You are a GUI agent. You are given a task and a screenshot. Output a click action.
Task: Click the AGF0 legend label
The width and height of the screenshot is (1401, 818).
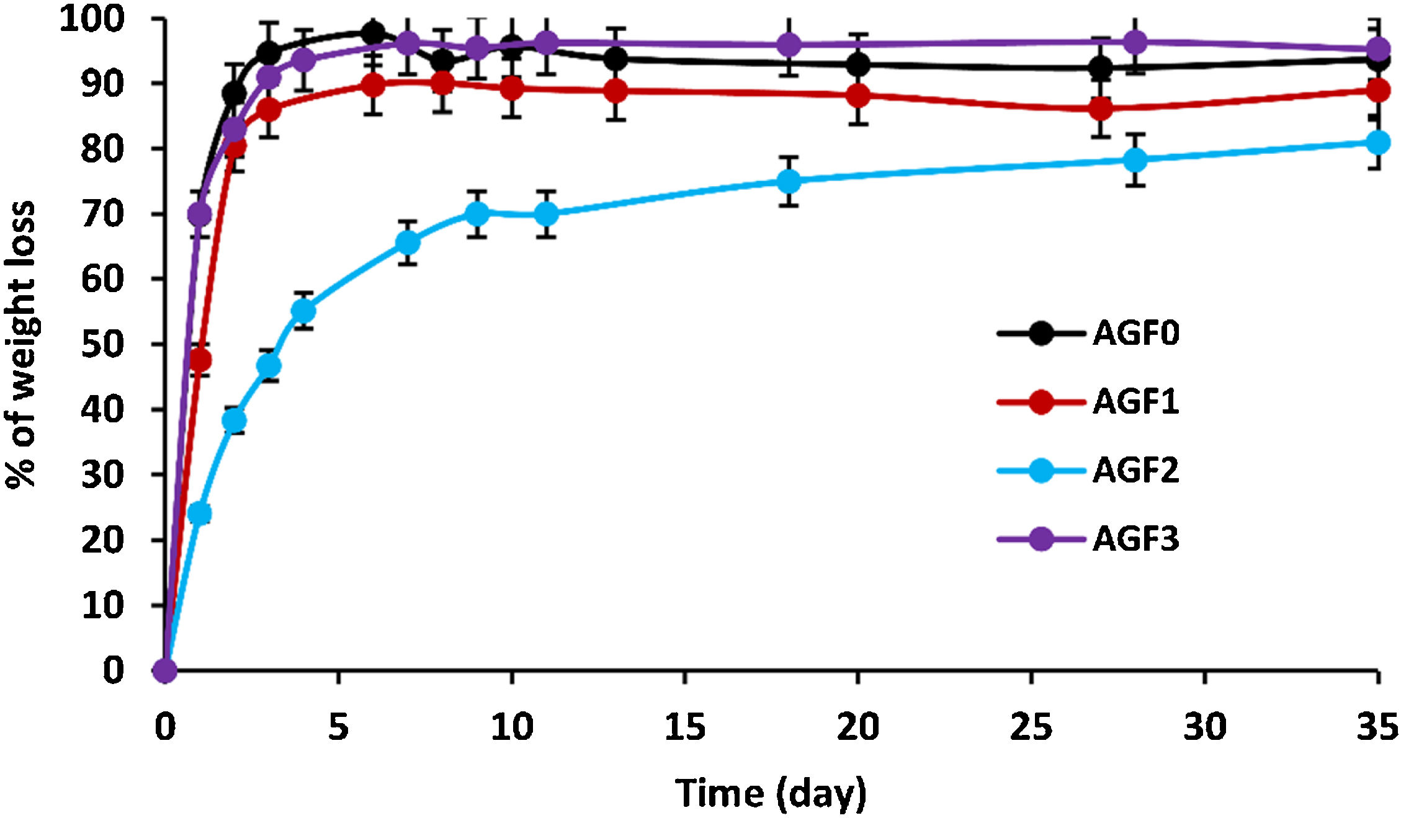tap(1135, 333)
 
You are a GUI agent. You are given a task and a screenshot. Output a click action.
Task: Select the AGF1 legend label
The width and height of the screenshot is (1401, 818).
tap(1135, 402)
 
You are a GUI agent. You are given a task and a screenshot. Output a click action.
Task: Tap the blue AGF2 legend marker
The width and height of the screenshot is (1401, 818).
tap(1041, 470)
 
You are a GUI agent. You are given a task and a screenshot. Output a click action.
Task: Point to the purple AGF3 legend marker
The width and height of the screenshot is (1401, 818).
tap(1041, 539)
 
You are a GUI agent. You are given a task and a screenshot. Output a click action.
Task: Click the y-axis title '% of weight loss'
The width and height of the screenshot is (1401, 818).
tap(21, 344)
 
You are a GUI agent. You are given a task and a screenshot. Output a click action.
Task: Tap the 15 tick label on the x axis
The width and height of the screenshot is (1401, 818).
tap(684, 727)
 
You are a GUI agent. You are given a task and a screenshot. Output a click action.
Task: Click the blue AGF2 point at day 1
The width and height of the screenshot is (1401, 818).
tap(199, 513)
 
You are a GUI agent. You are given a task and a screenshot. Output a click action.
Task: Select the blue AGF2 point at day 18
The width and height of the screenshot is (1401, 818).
tap(788, 181)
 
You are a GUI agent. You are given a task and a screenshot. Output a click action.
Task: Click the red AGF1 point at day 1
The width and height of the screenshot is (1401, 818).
tap(199, 360)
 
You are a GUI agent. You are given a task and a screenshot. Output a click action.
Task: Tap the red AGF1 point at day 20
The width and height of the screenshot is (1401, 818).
tap(857, 96)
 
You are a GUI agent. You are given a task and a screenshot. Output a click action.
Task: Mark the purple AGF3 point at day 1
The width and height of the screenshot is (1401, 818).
tap(199, 215)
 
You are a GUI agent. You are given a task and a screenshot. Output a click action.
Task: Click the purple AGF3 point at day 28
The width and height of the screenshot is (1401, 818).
tap(1135, 42)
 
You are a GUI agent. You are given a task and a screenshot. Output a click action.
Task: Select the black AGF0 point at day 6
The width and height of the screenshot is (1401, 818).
tap(373, 32)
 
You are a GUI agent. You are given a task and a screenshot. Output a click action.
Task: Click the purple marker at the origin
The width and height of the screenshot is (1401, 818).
tap(165, 670)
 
